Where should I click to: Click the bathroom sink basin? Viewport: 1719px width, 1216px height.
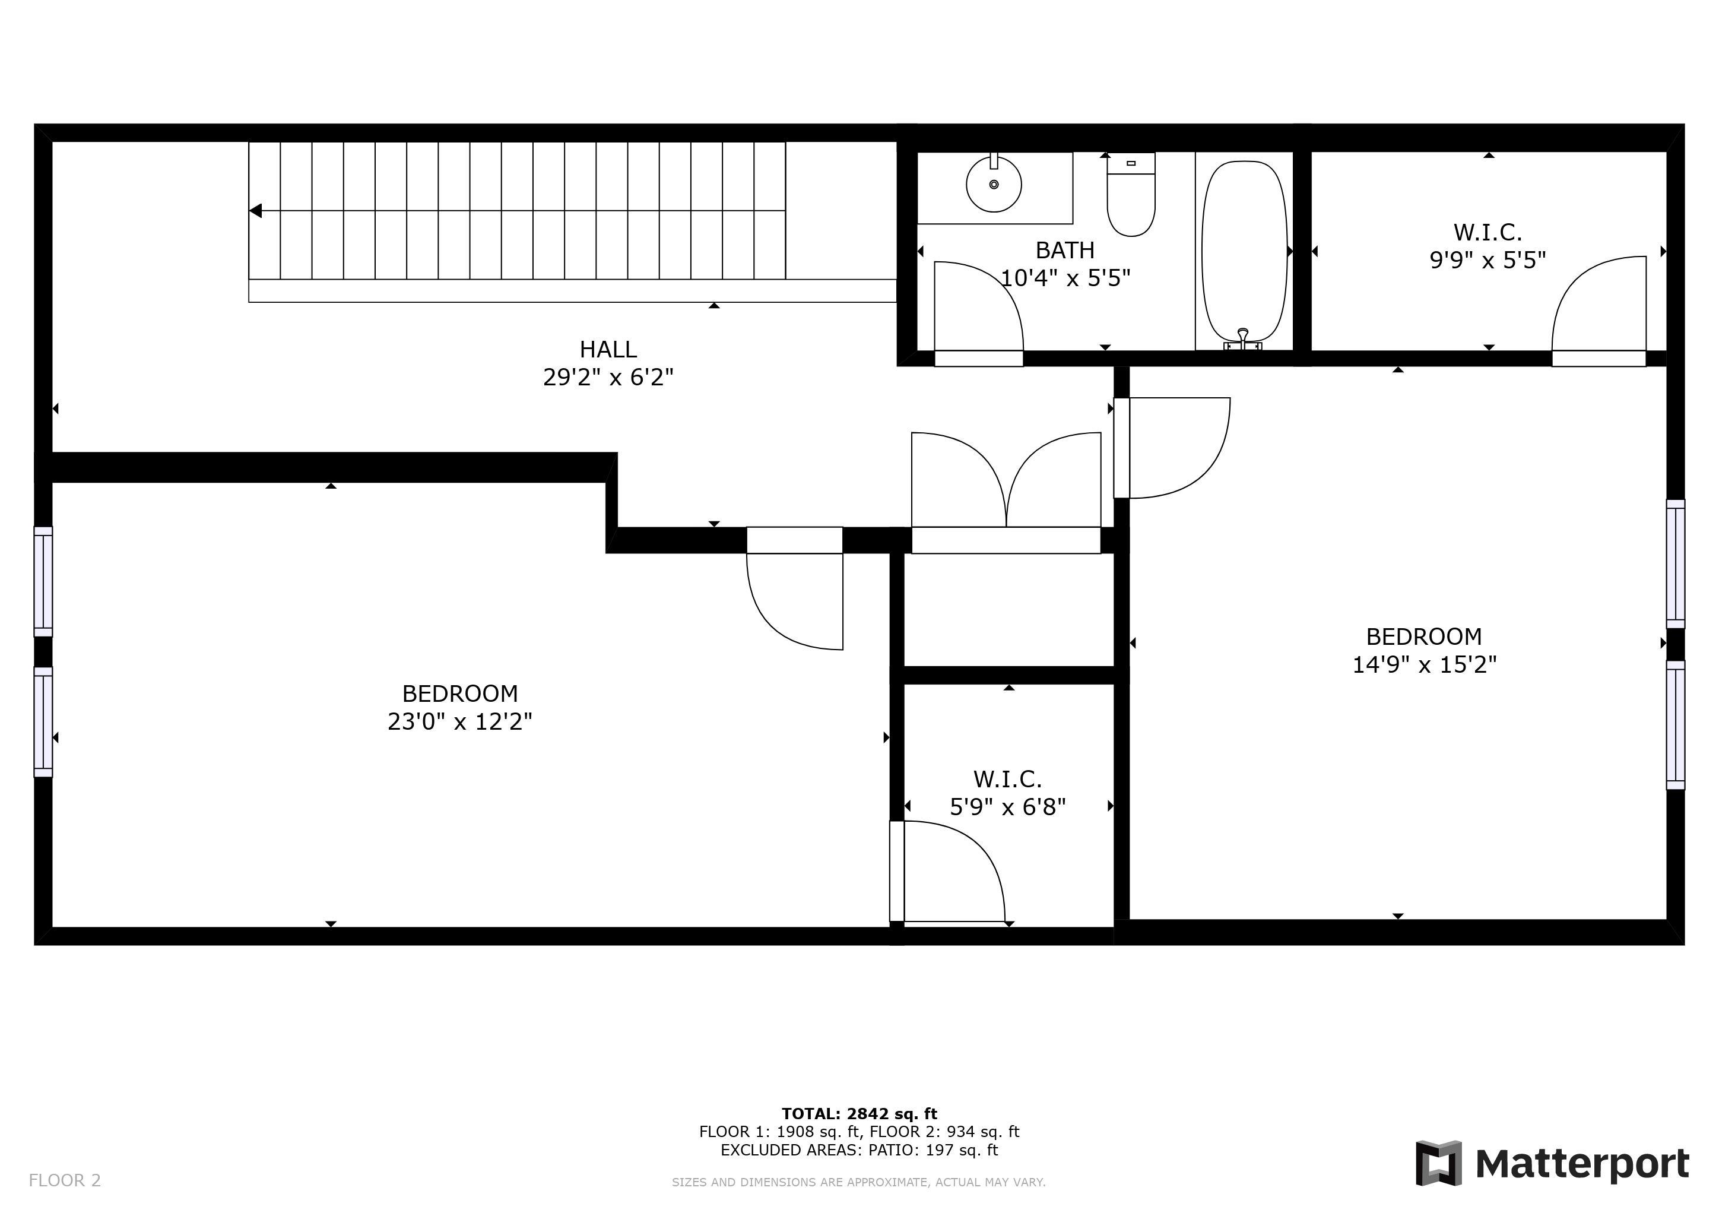tap(994, 184)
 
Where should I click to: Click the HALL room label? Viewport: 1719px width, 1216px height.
tap(608, 349)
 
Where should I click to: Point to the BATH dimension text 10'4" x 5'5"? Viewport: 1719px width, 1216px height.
tap(1065, 278)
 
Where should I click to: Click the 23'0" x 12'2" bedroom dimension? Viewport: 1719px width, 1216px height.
tap(459, 721)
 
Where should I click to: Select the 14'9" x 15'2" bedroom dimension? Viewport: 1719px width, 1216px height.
tap(1424, 664)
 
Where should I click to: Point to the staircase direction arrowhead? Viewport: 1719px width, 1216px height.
tap(255, 211)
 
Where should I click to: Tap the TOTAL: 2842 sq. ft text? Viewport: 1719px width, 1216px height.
tap(859, 1113)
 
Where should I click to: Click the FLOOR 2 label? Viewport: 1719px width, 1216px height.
tap(64, 1181)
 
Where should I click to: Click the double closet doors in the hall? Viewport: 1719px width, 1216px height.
tap(1006, 493)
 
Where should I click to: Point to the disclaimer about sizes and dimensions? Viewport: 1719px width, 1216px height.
tap(859, 1182)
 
